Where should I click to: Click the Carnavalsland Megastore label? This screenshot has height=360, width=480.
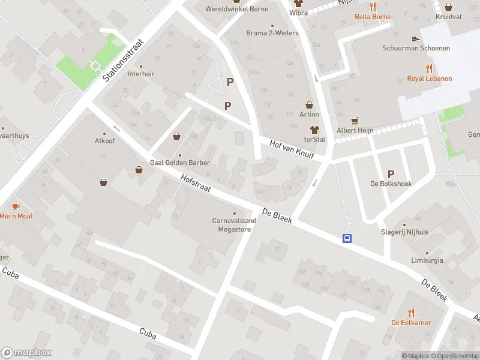pos(234,224)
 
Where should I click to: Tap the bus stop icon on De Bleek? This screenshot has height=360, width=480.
pos(347,238)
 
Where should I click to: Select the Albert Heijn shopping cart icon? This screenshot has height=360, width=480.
pos(355,120)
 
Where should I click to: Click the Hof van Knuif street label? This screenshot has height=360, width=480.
pos(293,150)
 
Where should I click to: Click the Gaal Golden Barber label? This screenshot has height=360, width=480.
pos(178,163)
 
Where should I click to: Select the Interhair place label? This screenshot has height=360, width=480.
pos(141,74)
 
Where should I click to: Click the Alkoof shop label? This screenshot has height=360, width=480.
pos(104,141)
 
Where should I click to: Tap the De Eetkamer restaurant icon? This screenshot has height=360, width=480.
pos(411,312)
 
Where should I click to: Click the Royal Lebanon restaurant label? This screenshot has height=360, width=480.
pos(429,79)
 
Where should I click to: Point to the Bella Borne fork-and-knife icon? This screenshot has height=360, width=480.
pos(373,7)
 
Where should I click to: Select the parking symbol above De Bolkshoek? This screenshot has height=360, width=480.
pos(391,173)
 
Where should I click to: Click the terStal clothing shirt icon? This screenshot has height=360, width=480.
pos(314,129)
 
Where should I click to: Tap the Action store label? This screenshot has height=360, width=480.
pos(309,114)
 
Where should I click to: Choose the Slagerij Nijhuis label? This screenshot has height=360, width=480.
pos(405,232)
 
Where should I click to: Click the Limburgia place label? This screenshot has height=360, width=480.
pos(427,260)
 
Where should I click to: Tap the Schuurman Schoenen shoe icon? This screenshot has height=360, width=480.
pos(416,38)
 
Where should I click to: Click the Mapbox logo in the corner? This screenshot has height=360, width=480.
pos(26,353)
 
